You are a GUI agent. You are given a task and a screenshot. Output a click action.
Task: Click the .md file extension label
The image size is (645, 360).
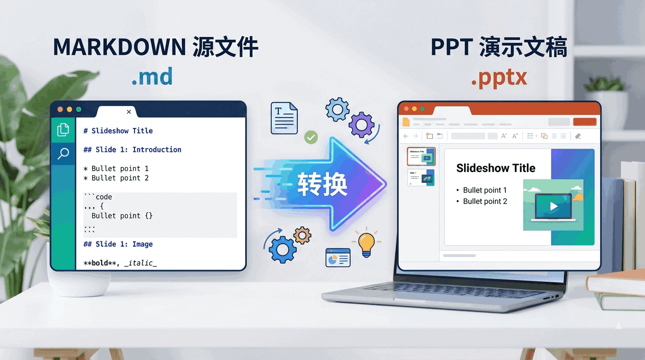pos(152,76)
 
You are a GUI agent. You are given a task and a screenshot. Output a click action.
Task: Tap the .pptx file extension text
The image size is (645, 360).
pos(499,78)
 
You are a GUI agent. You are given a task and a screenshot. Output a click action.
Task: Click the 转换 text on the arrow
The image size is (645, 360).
pos(322,184)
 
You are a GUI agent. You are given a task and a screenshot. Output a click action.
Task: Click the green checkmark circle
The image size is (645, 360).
pos(311,137)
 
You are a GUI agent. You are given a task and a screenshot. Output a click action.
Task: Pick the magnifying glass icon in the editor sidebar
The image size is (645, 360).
pos(63,153)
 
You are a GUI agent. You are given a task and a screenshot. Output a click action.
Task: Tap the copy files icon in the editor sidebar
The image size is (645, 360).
pos(63,129)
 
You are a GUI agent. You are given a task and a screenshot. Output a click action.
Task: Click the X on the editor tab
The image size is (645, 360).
pos(129,112)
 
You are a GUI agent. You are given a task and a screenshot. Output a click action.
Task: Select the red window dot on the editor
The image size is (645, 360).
pos(60,109)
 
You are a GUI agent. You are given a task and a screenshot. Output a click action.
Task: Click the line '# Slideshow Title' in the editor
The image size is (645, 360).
pos(118,131)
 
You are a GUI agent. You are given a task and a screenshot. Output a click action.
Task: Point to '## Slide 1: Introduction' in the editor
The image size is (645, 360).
pos(132,150)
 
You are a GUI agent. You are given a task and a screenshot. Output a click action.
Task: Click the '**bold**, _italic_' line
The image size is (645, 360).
pos(120,263)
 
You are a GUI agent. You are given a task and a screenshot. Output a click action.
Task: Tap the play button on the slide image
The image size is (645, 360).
pos(554,206)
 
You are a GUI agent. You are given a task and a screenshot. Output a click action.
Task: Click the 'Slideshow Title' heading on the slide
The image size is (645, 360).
pos(495,168)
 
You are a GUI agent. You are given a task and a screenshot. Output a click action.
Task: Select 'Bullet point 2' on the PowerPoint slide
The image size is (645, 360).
pos(485,202)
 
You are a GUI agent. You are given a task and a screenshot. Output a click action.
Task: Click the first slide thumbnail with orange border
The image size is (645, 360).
pos(421,156)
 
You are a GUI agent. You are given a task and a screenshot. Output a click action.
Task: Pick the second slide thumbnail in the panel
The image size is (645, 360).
pos(421,178)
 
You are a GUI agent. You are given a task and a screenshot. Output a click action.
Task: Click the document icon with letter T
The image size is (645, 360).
pos(284,118)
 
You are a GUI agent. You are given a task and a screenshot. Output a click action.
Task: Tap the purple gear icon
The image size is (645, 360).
pos(361,125)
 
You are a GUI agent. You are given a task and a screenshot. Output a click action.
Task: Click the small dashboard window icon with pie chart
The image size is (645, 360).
pos(338,257)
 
